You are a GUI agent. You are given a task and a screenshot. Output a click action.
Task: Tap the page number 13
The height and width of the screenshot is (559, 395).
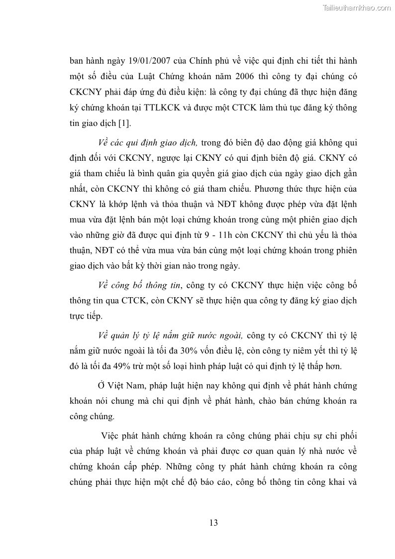tap(213, 522)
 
